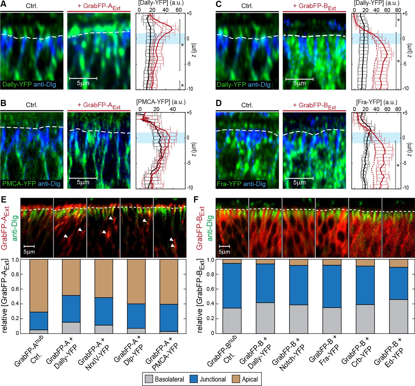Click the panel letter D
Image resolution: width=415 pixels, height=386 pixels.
click(219, 103)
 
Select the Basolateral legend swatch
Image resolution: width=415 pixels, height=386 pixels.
click(149, 379)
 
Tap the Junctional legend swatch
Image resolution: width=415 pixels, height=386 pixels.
click(193, 379)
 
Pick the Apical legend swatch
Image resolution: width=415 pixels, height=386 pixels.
click(236, 379)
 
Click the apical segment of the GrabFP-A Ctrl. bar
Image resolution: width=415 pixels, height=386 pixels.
click(39, 286)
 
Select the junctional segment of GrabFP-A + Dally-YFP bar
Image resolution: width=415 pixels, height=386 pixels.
click(71, 309)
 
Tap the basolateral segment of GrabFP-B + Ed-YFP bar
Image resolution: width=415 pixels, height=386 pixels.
click(399, 316)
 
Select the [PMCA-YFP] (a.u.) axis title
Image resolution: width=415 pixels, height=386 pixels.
click(161, 102)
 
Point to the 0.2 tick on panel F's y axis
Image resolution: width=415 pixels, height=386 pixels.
click(210, 318)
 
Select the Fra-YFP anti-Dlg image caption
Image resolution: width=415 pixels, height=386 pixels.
click(241, 184)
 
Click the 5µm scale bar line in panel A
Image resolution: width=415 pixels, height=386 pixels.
click(83, 78)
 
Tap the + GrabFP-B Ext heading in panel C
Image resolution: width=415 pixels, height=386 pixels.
click(314, 6)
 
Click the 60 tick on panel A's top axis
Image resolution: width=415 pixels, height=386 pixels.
click(179, 10)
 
